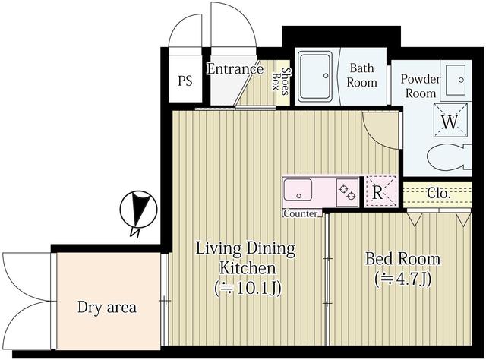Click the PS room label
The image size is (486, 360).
(185, 81)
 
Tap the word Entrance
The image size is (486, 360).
(235, 69)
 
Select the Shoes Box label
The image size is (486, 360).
(280, 81)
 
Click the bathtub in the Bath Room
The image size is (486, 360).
(314, 77)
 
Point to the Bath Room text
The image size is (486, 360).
(361, 75)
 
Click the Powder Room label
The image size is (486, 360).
(421, 86)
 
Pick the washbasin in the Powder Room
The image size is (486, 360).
(456, 80)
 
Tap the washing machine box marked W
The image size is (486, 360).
(450, 120)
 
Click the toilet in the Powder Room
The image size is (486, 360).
(449, 157)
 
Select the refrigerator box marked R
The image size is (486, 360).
(381, 191)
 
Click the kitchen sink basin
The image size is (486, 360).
(298, 190)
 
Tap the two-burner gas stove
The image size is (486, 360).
(347, 192)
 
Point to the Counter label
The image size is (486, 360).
(301, 213)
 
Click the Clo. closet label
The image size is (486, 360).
(438, 194)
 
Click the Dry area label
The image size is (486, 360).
(107, 308)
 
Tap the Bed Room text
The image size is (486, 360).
(402, 258)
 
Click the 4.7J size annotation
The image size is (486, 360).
(402, 279)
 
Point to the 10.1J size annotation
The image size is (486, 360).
(248, 289)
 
